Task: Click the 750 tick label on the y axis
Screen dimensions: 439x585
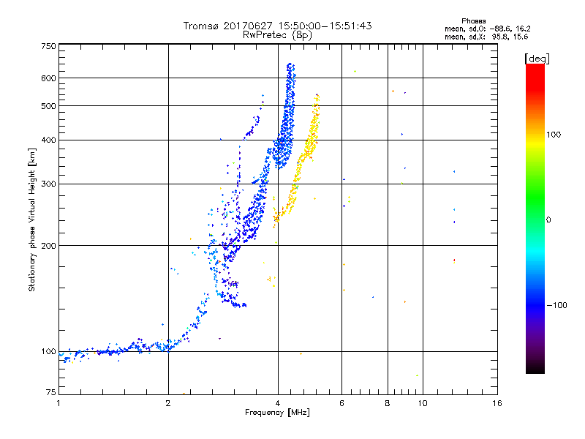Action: click(48, 45)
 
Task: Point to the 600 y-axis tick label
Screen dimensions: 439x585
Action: click(48, 78)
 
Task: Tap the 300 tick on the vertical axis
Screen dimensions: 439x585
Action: click(48, 184)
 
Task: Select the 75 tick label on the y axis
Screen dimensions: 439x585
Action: click(50, 394)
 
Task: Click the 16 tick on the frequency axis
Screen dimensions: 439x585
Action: click(497, 403)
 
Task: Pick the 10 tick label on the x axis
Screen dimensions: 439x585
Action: click(421, 403)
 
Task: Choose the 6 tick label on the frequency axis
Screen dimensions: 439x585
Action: click(342, 403)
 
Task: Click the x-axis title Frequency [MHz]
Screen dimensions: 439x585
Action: click(278, 413)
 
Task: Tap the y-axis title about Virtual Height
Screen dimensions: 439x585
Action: click(32, 219)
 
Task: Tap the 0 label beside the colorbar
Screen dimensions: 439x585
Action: click(549, 219)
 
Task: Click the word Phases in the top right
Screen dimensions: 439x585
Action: click(474, 20)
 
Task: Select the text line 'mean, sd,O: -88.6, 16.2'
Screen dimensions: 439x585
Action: click(486, 29)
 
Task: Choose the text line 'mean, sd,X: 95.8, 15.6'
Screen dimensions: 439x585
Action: click(486, 36)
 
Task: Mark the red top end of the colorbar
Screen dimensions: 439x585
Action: click(535, 67)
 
